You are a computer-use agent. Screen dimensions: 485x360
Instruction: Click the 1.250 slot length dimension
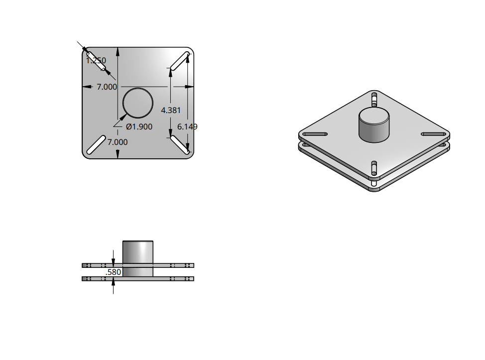[x=96, y=60]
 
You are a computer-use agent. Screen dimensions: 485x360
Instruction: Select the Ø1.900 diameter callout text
[x=139, y=127]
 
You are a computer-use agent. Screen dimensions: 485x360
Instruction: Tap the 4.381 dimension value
[x=171, y=111]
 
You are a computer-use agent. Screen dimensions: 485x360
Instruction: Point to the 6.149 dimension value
[x=187, y=127]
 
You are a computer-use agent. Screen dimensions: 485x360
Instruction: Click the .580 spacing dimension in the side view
[x=113, y=272]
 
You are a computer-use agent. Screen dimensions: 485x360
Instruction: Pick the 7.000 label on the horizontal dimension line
[x=107, y=87]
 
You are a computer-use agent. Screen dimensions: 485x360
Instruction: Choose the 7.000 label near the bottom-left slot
[x=118, y=142]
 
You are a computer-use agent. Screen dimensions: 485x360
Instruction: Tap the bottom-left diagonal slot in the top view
[x=96, y=145]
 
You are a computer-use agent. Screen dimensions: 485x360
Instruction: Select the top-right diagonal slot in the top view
[x=180, y=61]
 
